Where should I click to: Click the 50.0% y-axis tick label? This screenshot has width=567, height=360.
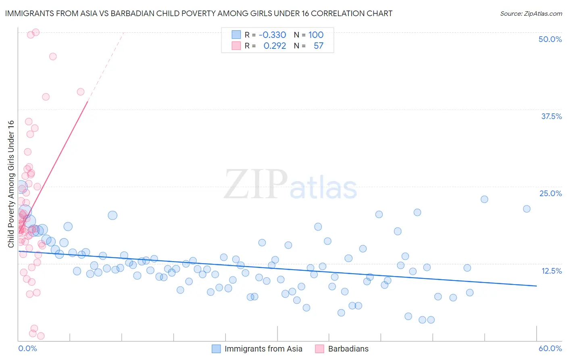(x=550, y=39)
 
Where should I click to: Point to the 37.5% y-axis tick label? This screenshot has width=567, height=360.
(x=551, y=116)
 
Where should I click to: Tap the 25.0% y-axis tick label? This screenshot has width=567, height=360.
(x=550, y=193)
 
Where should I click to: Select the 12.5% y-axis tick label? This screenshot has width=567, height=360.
(x=551, y=271)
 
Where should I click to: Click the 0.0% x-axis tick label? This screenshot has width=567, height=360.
(x=27, y=348)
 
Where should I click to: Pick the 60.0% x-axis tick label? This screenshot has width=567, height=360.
(x=550, y=348)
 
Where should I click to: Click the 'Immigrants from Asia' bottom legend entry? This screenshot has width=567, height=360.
(x=263, y=349)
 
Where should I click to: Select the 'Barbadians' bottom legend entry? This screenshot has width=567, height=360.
(x=348, y=349)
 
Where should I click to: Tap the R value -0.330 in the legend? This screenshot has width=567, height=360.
(x=272, y=35)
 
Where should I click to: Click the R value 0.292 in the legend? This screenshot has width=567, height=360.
(x=275, y=46)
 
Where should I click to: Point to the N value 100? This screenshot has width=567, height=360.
(x=316, y=35)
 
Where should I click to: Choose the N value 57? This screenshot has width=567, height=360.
(x=319, y=46)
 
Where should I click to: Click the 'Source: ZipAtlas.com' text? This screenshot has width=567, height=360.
(x=531, y=13)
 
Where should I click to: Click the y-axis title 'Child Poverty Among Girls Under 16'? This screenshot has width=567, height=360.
(x=11, y=184)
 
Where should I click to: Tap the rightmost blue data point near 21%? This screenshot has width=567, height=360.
(x=527, y=209)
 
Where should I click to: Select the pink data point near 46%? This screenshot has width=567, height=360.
(x=53, y=57)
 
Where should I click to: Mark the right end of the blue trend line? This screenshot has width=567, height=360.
(x=536, y=286)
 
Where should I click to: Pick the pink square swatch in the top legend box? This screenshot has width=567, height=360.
(x=236, y=46)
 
